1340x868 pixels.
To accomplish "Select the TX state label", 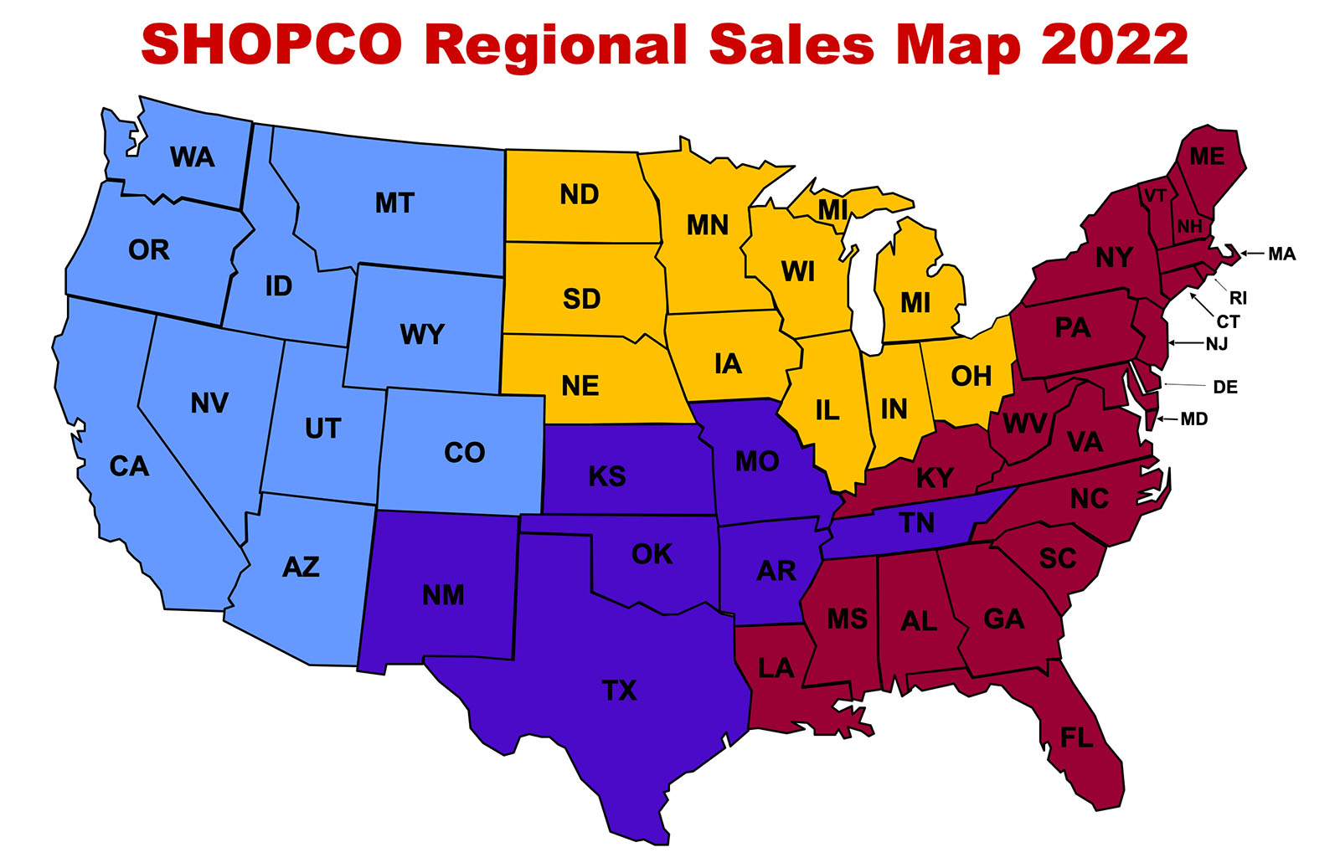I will [x=619, y=691].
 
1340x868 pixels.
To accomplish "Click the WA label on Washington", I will [x=192, y=157].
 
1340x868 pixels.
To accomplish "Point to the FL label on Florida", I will [x=1076, y=737].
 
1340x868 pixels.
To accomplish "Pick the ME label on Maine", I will [x=1207, y=157].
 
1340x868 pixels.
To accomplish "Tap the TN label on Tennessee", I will [x=917, y=523].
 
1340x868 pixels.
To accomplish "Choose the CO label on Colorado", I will [x=464, y=453].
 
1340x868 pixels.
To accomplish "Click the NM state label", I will [x=443, y=595].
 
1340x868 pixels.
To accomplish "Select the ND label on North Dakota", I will [x=580, y=195].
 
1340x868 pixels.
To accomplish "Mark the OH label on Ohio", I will [x=971, y=377].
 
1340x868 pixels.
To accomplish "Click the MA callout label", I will [x=1281, y=254].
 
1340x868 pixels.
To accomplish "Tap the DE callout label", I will [x=1225, y=387].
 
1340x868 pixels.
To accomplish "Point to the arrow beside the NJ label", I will [x=1186, y=343].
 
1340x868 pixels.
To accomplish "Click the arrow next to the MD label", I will [x=1167, y=419].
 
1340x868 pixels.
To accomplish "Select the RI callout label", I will [x=1238, y=298].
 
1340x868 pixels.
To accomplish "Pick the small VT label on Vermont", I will [x=1155, y=196].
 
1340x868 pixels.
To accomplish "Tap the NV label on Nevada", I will [x=209, y=403].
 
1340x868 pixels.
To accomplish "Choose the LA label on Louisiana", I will [x=776, y=668].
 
